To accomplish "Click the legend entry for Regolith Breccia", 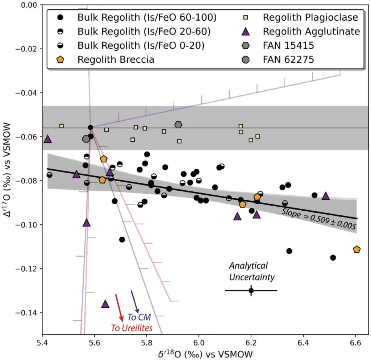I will coord(116,59).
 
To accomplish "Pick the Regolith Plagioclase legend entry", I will coord(310,17).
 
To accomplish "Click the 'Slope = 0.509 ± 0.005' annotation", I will coord(319,220).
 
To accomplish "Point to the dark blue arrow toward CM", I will coord(135,302).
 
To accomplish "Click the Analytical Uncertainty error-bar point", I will coord(251,290).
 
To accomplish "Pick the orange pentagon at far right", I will coord(357,249).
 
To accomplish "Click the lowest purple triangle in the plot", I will coord(105,304).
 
